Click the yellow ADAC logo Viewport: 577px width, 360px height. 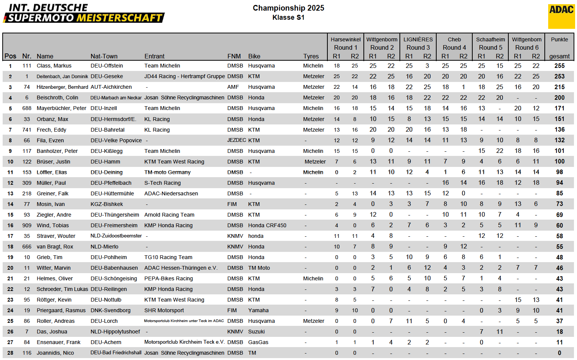tap(561, 16)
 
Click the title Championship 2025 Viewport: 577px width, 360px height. tap(288, 8)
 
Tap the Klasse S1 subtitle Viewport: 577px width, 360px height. tap(288, 17)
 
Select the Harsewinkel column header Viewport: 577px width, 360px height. tap(346, 39)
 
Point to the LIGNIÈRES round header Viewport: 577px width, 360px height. tap(418, 39)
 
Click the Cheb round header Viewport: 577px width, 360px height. tap(454, 39)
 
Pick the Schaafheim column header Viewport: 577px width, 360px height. tap(491, 39)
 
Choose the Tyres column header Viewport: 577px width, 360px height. tap(311, 56)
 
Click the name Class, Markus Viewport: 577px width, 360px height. tap(54, 66)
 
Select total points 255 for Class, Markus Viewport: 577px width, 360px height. tap(559, 66)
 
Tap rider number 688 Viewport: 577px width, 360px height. tap(27, 108)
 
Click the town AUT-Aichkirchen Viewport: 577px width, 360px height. tap(111, 87)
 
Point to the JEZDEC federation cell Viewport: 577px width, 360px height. tap(237, 140)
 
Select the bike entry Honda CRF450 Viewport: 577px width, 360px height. tap(267, 225)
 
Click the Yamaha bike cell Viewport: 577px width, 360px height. tap(258, 310)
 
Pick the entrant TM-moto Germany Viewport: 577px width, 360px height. tap(167, 172)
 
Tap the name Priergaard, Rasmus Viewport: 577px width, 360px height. tap(61, 310)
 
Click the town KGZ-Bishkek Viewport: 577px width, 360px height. tap(107, 204)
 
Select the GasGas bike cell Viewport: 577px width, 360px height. tap(258, 342)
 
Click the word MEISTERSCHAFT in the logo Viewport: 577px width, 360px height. tap(119, 18)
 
